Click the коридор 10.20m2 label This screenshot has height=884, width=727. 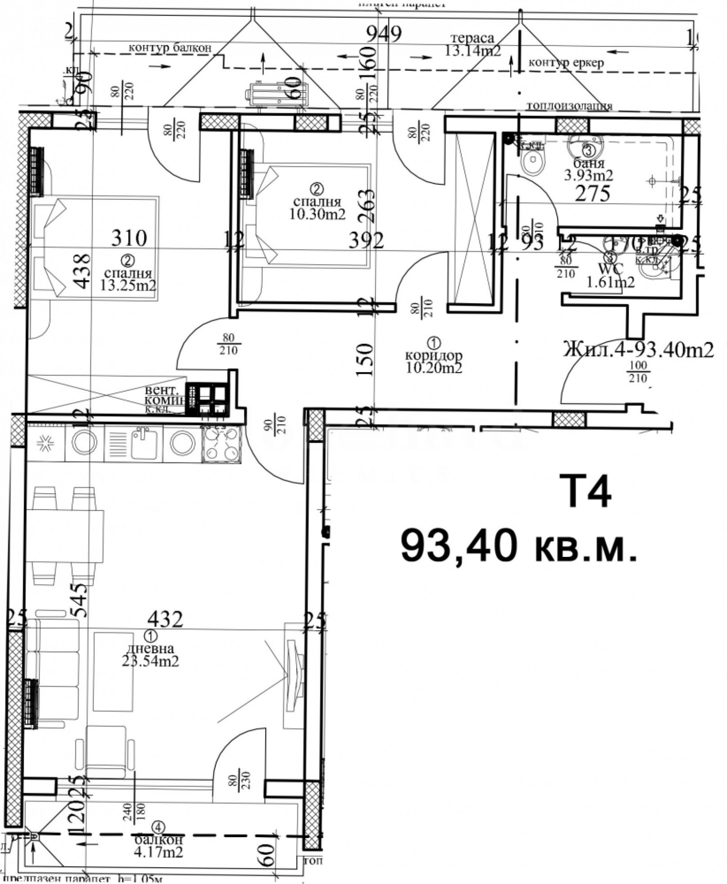coord(433,361)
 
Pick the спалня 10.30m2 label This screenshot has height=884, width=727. coord(317,207)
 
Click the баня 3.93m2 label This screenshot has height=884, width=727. coord(588,169)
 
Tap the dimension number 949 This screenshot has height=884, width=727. coord(384,34)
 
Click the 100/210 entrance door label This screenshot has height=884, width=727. coord(637,372)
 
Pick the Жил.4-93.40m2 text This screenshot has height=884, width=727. coord(638,350)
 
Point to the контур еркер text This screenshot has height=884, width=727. coord(566,63)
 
